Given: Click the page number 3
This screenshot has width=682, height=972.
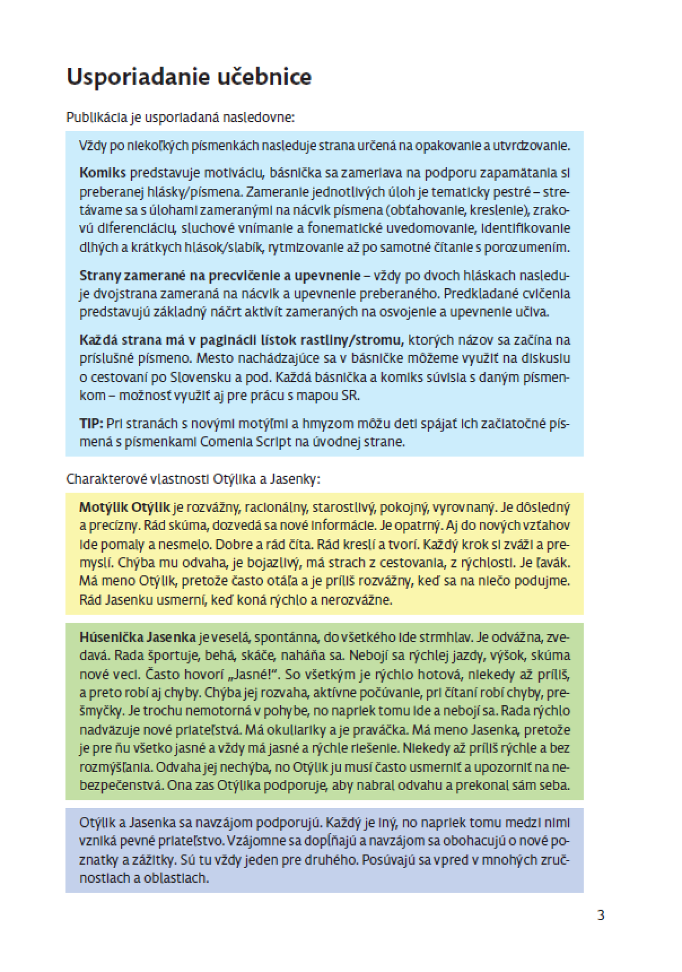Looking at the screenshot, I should click(601, 915).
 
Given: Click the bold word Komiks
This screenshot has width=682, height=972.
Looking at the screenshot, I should click(102, 173).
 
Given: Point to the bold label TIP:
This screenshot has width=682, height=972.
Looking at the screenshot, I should click(91, 423).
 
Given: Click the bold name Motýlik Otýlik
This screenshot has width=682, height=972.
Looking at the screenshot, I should click(125, 507).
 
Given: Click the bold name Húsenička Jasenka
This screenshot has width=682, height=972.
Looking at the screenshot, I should click(137, 637).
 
